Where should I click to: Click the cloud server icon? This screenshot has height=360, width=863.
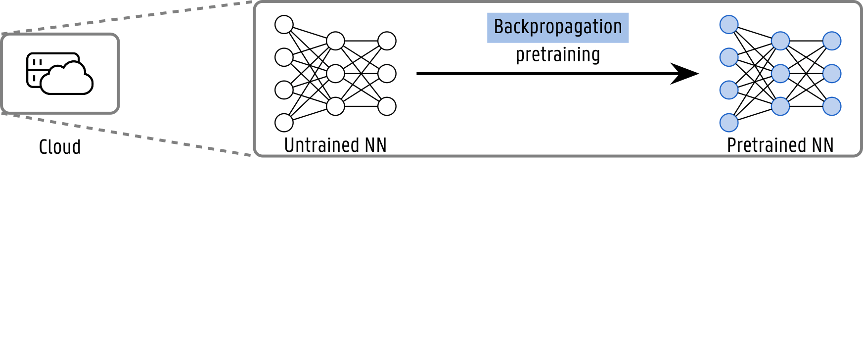[x=59, y=74]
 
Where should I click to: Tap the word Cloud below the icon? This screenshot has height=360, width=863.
[x=60, y=147]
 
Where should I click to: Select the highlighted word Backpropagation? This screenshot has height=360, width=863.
[x=558, y=27]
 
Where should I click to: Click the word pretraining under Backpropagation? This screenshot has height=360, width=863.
[x=558, y=55]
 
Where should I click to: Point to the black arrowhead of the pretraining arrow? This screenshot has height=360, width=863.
[x=687, y=74]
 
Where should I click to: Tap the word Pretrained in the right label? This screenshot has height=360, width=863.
[x=767, y=145]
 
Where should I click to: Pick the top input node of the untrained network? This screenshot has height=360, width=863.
[x=284, y=25]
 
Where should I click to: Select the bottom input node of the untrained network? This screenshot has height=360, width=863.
[x=284, y=123]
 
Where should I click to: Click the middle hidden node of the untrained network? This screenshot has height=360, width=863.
[x=335, y=74]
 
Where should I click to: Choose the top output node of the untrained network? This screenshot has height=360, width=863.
[x=387, y=41]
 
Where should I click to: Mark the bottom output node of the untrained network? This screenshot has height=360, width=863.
[x=387, y=106]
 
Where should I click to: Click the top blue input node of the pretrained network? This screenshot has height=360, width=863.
[x=729, y=25]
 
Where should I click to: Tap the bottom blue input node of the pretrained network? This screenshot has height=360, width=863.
[x=729, y=123]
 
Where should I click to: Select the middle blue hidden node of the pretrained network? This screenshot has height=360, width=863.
[x=780, y=74]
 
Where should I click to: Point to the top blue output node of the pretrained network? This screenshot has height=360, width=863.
[x=832, y=41]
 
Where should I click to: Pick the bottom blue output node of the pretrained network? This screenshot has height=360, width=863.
[x=832, y=106]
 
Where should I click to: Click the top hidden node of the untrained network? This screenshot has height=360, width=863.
[x=335, y=41]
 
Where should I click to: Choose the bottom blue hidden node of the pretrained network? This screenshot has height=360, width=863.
[x=780, y=106]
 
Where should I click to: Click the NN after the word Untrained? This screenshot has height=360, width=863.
[x=376, y=145]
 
